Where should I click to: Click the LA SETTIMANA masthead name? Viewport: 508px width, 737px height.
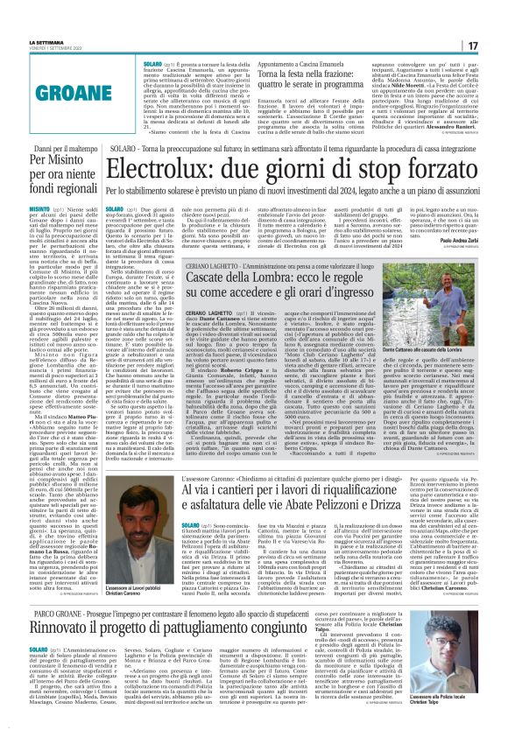(48, 42)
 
